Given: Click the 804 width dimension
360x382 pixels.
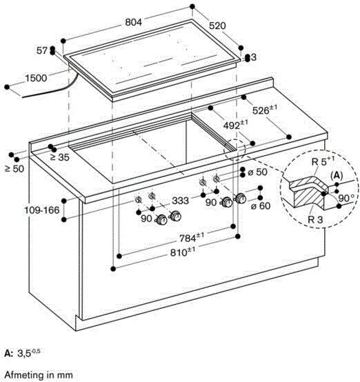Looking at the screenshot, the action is [133, 22].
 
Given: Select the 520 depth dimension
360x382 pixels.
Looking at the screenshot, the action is [217, 26].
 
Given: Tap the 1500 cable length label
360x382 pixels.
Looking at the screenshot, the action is [36, 78].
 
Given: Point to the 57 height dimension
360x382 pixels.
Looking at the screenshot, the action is [41, 50].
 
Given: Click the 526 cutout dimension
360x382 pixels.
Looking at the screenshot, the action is [264, 110].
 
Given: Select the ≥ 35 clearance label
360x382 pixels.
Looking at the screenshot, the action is [60, 157].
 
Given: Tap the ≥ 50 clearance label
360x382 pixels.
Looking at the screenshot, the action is [14, 168].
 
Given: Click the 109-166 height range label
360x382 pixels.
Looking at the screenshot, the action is [42, 210].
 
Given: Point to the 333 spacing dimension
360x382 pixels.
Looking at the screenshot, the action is [181, 201].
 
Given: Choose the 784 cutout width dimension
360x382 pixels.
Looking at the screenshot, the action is [192, 237].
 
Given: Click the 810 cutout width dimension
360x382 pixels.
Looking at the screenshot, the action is [183, 252].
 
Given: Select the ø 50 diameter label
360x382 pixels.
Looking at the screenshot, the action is [258, 172].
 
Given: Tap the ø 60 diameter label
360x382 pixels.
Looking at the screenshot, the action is [261, 206].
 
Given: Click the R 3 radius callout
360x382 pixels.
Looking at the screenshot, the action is [315, 219].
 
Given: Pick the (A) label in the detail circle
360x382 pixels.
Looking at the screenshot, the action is [337, 175].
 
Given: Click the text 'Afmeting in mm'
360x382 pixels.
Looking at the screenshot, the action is [39, 374].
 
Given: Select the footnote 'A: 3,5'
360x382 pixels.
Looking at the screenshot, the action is [23, 353].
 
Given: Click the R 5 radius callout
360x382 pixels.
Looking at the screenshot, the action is [323, 161].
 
